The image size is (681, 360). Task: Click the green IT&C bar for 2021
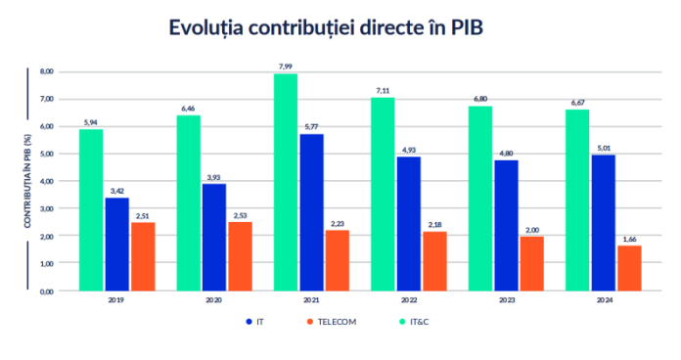pyautogui.click(x=286, y=182)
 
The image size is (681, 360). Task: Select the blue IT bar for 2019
pyautogui.click(x=117, y=244)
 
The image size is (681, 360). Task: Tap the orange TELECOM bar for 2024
pyautogui.click(x=630, y=267)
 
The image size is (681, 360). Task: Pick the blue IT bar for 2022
pyautogui.click(x=409, y=223)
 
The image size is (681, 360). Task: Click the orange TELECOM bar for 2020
pyautogui.click(x=240, y=255)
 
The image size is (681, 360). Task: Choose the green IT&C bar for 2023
pyautogui.click(x=480, y=198)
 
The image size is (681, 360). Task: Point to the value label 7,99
pyautogui.click(x=286, y=67)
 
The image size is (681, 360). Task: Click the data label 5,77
pyautogui.click(x=311, y=127)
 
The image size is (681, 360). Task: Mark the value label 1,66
pyautogui.click(x=630, y=239)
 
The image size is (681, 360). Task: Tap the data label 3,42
pyautogui.click(x=117, y=191)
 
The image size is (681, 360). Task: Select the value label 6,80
pyautogui.click(x=480, y=99)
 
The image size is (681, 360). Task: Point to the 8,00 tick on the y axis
pyautogui.click(x=46, y=71)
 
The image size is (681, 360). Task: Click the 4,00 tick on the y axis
pyautogui.click(x=46, y=181)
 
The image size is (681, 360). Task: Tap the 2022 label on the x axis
pyautogui.click(x=409, y=301)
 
